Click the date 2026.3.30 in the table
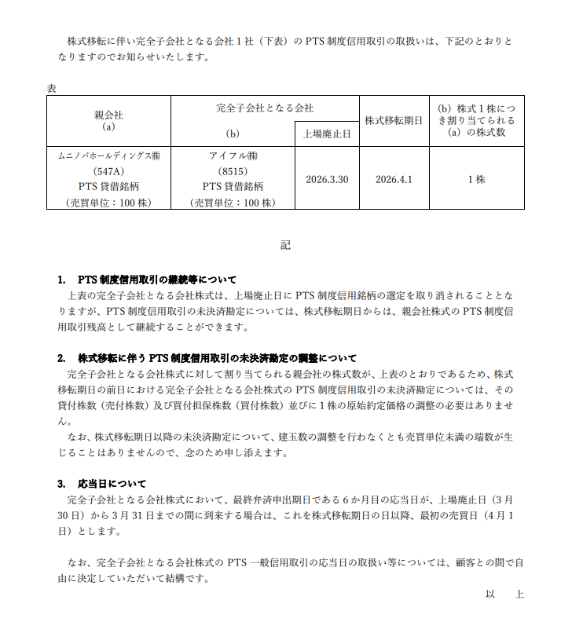click(327, 179)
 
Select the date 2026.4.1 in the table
click(394, 179)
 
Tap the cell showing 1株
click(476, 179)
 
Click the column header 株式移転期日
click(394, 120)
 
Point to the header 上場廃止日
click(327, 134)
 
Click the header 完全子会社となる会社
click(265, 108)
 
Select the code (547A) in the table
click(108, 170)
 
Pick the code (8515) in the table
click(233, 170)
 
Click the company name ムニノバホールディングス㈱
click(108, 155)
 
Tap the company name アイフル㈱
click(233, 155)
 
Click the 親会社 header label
click(108, 115)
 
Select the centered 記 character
click(285, 245)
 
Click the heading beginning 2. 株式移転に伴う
click(207, 357)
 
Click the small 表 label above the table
click(51, 88)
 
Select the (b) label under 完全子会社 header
click(232, 134)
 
